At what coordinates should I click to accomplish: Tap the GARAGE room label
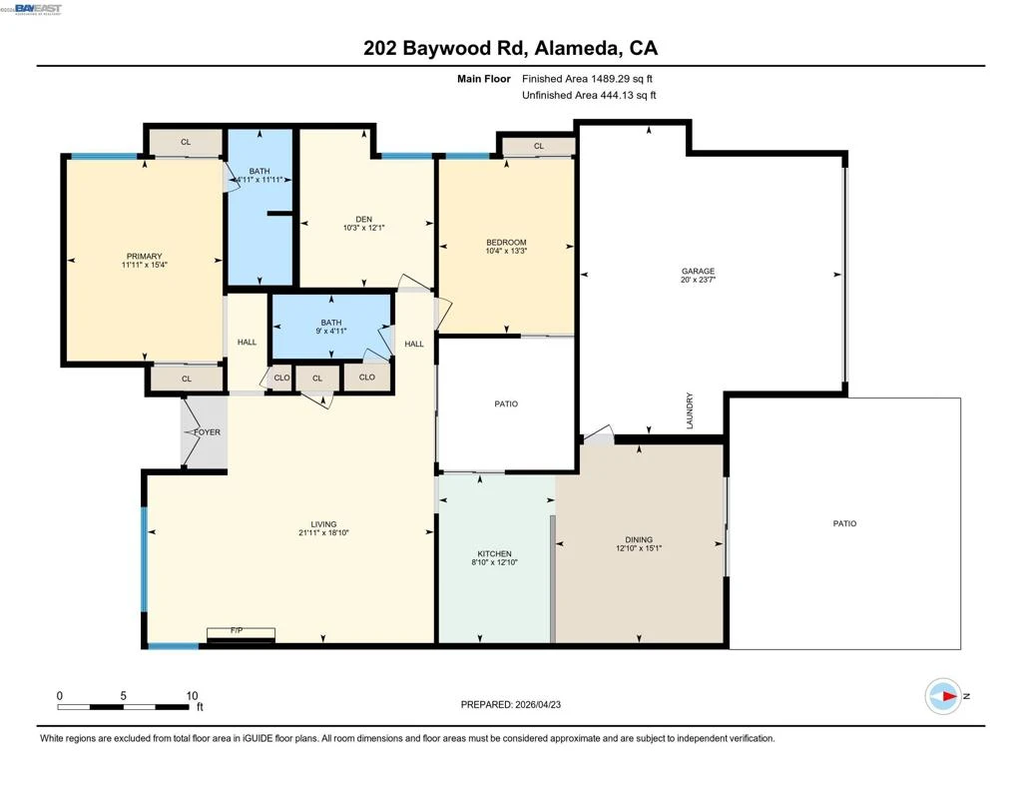(698, 271)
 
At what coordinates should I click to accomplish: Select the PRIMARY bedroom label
(144, 257)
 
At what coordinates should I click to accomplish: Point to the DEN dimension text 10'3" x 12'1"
(363, 228)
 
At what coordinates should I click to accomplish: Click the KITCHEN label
(494, 554)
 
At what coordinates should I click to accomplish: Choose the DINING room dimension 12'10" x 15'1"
(639, 548)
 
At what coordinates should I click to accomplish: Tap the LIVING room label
(323, 524)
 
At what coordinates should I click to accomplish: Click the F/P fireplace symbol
(241, 634)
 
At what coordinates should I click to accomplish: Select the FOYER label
(208, 431)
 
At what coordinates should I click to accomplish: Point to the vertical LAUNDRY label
(690, 410)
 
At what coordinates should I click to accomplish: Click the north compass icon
(943, 696)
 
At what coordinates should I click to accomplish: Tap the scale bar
(123, 706)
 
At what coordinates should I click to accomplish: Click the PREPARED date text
(510, 704)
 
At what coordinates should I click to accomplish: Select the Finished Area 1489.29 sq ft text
(587, 79)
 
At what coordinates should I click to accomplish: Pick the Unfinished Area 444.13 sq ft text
(589, 95)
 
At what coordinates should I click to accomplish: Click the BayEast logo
(38, 8)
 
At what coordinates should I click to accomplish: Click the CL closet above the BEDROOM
(538, 146)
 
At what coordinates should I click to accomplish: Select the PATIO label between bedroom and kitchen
(506, 403)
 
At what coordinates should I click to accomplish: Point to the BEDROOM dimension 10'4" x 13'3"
(506, 251)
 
